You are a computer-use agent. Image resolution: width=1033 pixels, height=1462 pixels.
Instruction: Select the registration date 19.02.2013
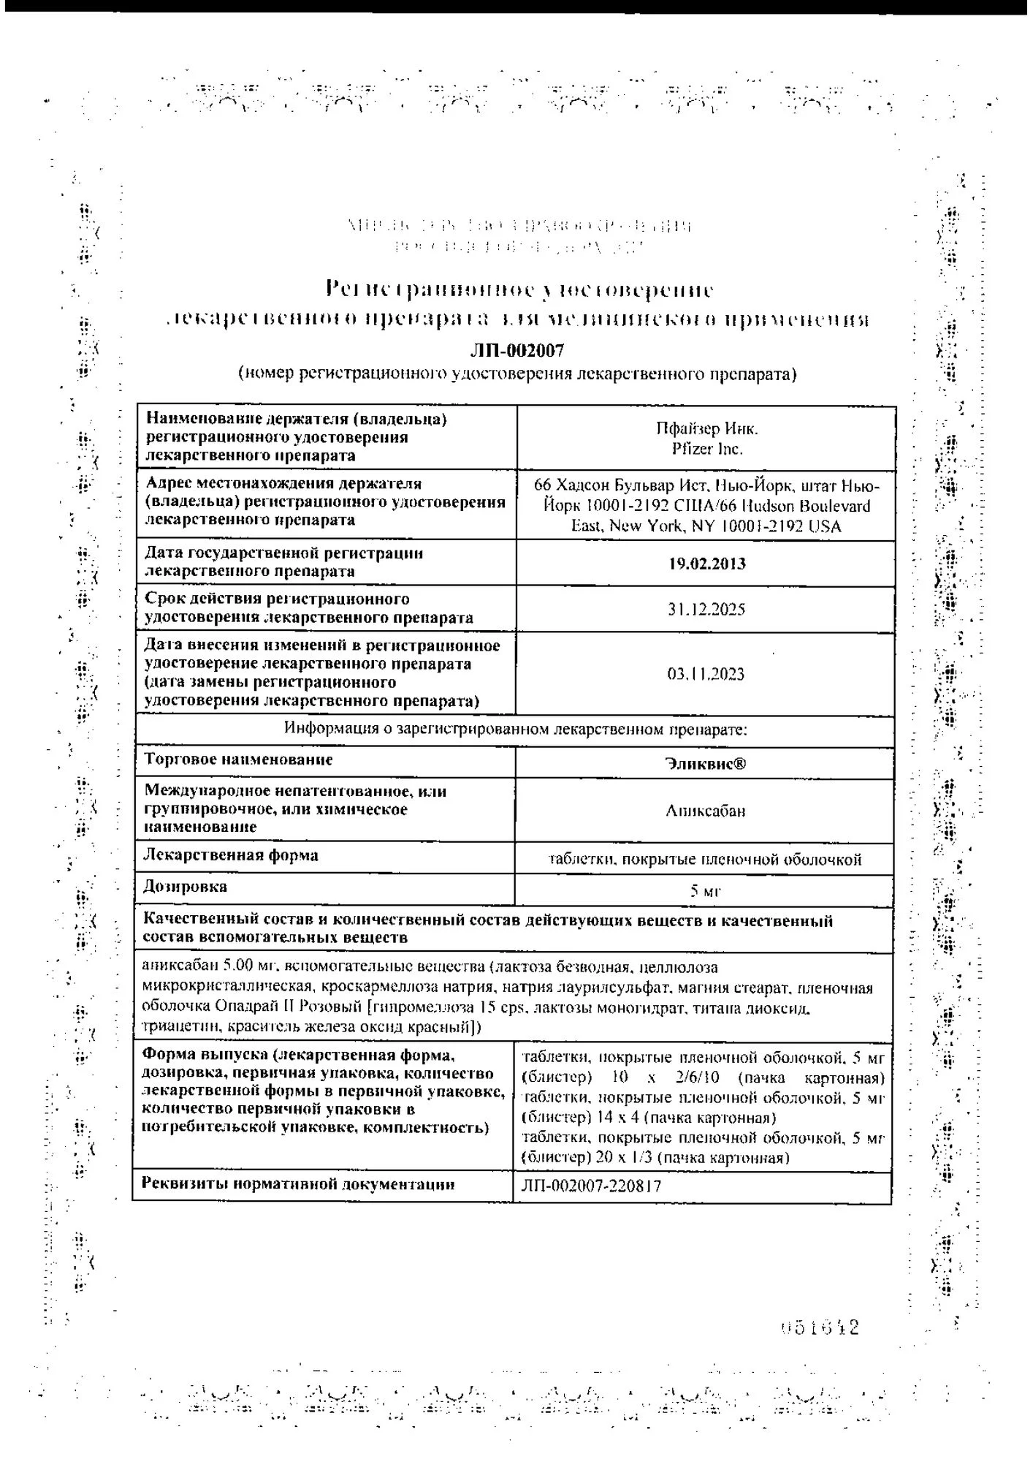(x=706, y=564)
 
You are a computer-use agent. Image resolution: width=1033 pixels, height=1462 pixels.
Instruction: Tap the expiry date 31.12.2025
(x=706, y=610)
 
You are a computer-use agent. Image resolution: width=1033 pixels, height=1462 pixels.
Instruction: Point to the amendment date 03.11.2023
(x=706, y=674)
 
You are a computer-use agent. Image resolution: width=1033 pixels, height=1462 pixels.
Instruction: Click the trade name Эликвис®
(x=706, y=764)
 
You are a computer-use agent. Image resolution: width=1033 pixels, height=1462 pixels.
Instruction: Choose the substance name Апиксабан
(x=706, y=811)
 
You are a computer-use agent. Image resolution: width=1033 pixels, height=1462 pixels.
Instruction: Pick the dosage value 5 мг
(x=706, y=891)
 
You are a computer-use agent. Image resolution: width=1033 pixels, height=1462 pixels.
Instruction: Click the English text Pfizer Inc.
(x=706, y=449)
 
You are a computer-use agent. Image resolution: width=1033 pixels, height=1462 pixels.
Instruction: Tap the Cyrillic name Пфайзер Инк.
(x=706, y=429)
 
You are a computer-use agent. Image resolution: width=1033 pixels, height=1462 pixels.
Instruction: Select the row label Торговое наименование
(x=238, y=760)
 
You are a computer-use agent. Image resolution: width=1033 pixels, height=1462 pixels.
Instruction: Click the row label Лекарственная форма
(x=231, y=855)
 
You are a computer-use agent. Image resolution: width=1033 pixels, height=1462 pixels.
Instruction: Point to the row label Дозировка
(x=186, y=887)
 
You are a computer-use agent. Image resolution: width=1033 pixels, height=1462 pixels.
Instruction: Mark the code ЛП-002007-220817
(x=591, y=1186)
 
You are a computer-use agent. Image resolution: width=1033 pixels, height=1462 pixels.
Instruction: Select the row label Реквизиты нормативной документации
(x=298, y=1184)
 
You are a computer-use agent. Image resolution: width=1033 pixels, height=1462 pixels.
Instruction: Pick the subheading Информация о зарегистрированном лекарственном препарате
(x=515, y=730)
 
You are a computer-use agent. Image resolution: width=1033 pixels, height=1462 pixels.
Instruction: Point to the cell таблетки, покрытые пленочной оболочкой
(x=705, y=860)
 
